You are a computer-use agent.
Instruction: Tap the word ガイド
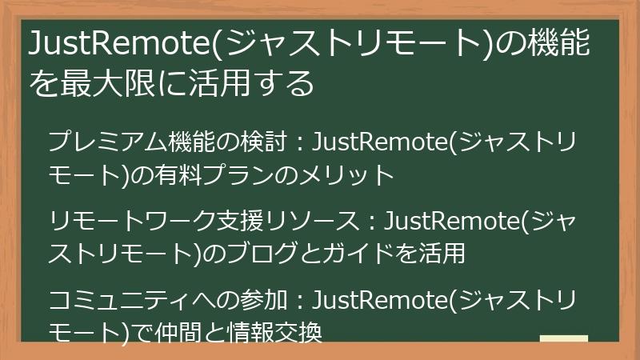click(x=346, y=254)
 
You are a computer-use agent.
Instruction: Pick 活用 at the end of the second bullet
click(x=441, y=254)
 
